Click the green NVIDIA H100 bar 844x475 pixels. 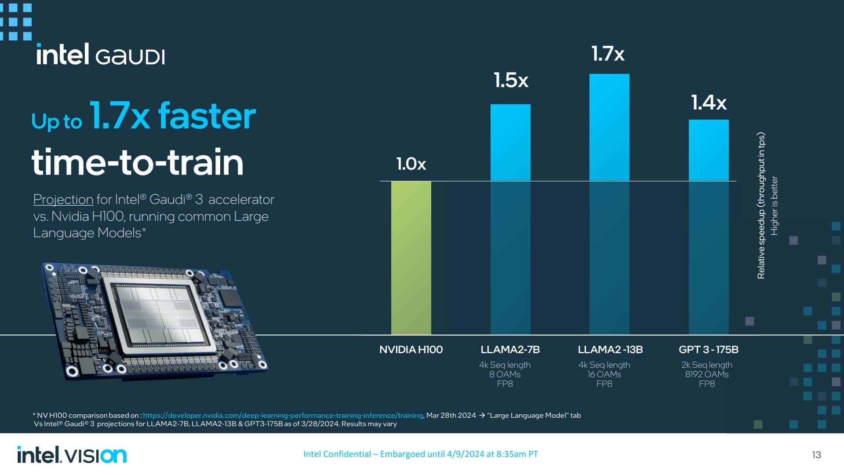411,257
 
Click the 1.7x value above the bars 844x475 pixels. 608,54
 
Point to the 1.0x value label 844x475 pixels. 411,164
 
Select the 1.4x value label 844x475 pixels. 709,103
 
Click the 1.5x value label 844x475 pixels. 511,80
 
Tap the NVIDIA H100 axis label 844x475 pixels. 411,350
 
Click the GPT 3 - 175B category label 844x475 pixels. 708,350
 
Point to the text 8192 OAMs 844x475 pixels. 706,374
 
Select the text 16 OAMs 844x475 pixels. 604,374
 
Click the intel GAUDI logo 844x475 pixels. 101,55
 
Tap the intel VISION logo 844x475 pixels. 72,455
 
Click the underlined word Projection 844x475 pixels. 63,199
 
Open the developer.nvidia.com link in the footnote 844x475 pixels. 283,415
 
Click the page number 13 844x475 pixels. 816,455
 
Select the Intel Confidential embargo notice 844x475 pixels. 420,454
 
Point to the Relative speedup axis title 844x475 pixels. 761,205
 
